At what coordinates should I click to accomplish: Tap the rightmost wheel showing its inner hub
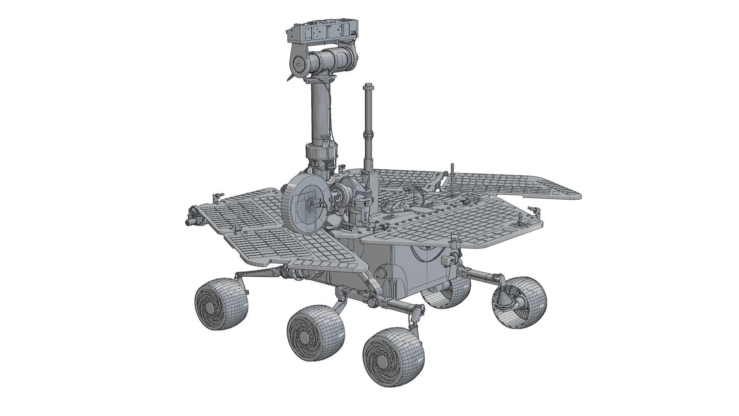[x=520, y=302]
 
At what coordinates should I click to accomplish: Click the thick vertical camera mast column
[x=320, y=112]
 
